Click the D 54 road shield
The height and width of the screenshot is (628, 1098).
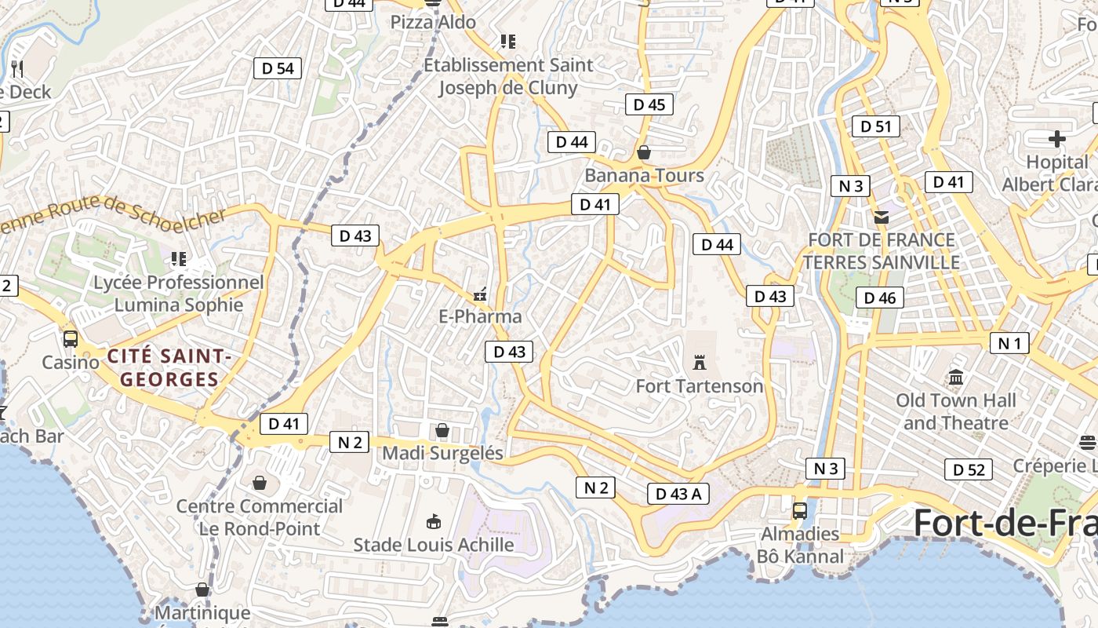[x=278, y=68]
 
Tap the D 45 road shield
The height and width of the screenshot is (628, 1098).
[x=649, y=104]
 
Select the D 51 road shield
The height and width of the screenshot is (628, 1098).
[x=875, y=126]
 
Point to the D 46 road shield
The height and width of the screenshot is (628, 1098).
[x=880, y=298]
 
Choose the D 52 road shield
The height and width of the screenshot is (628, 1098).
[x=968, y=469]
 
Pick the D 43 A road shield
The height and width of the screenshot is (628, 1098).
[x=678, y=494]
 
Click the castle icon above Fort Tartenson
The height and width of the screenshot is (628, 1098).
[x=700, y=363]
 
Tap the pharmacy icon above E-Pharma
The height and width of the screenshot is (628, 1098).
[x=480, y=295]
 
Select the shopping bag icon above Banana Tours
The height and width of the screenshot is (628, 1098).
[x=644, y=152]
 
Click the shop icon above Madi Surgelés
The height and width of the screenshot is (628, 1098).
[x=442, y=430]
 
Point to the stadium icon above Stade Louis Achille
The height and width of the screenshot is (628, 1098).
[x=433, y=521]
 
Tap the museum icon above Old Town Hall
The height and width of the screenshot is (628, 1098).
[x=955, y=378]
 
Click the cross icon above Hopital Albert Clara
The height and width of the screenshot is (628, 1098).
[x=1057, y=139]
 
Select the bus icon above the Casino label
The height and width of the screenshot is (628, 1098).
[x=71, y=339]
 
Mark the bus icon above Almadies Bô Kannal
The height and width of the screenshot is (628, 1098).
[x=800, y=510]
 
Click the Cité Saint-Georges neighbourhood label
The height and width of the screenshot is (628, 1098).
[x=169, y=368]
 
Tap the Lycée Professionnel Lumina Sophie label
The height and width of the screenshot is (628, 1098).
[x=179, y=293]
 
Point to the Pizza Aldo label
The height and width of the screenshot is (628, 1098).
[x=433, y=22]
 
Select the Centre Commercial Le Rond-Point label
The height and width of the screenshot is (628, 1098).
[x=260, y=517]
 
